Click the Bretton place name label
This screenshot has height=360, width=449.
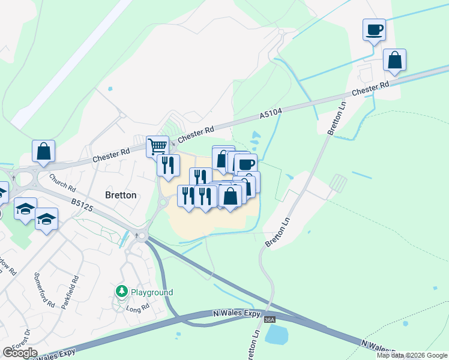tap(121, 195)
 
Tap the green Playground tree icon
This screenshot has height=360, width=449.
tap(122, 292)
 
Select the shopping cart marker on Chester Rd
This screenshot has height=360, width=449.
tap(157, 145)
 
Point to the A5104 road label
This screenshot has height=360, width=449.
tap(271, 112)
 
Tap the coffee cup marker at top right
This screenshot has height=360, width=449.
tap(374, 29)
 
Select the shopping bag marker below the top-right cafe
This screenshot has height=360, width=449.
tap(394, 60)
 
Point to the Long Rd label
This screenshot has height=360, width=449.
tap(137, 309)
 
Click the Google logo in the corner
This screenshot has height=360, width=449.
tap(20, 353)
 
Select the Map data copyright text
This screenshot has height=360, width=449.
tap(412, 355)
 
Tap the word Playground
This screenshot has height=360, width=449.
tap(151, 292)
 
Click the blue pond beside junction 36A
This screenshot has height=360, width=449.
tap(277, 335)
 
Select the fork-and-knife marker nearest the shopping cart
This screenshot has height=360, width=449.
tap(168, 164)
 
